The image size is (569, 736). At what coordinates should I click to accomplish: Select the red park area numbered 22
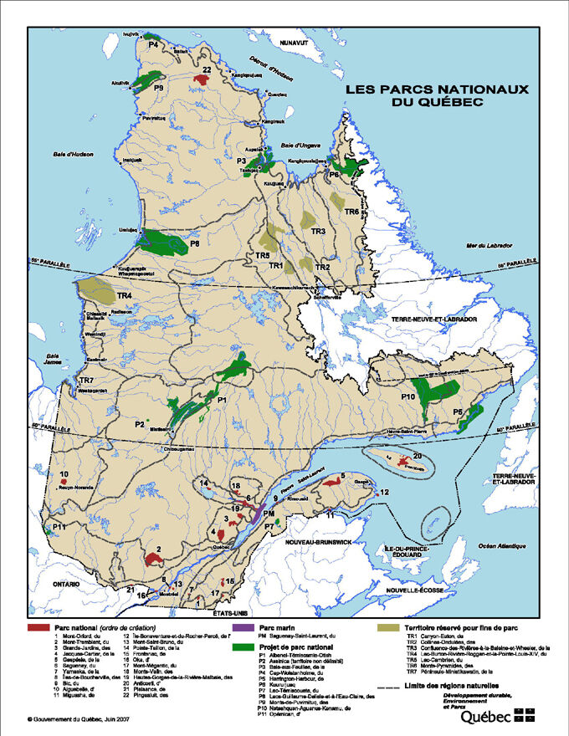pyautogui.click(x=201, y=79)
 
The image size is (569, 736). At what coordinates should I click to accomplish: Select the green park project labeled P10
pyautogui.click(x=435, y=393)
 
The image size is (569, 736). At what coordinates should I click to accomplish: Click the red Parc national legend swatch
pyautogui.click(x=38, y=626)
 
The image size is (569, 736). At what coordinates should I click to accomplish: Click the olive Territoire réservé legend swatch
pyautogui.click(x=388, y=626)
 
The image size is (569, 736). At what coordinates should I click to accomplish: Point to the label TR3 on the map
pyautogui.click(x=318, y=231)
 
